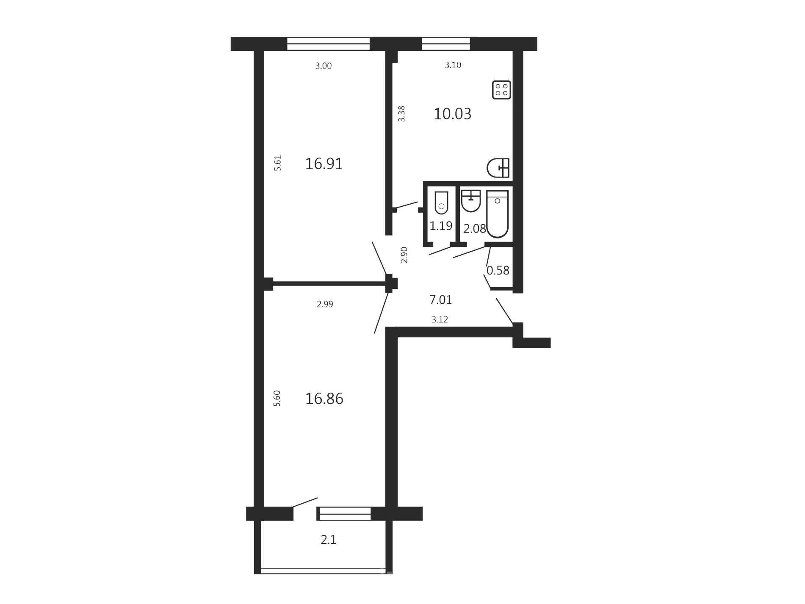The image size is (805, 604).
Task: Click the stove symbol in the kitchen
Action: (x=501, y=90)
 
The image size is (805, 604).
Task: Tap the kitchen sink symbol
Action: (x=498, y=168)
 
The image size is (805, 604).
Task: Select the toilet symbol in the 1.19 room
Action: (x=441, y=203)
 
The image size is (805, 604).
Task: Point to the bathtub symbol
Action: (x=498, y=214)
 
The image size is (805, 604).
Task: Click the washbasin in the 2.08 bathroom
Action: (x=471, y=201)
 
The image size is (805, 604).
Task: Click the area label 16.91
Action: (x=324, y=163)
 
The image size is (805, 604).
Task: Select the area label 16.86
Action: (x=324, y=399)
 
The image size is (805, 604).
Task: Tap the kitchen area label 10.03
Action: (x=452, y=114)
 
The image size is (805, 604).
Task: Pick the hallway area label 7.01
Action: (x=441, y=300)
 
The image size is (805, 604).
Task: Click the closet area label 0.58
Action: (x=498, y=270)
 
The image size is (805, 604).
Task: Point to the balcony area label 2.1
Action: (x=329, y=540)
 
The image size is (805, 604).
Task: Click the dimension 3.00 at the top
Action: (x=324, y=66)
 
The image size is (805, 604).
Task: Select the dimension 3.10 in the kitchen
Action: (x=453, y=65)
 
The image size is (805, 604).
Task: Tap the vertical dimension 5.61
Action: (x=278, y=163)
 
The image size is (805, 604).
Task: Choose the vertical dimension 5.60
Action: (x=277, y=399)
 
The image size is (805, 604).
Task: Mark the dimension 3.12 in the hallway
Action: (x=440, y=319)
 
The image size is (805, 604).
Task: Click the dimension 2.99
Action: (x=325, y=304)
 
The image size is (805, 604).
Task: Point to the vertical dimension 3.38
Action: (x=401, y=114)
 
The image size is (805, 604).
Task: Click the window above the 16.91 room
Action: (x=329, y=44)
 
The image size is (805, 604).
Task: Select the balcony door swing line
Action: (x=305, y=502)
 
